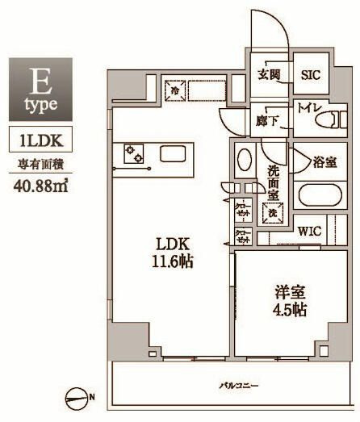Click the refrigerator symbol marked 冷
pos(175,90)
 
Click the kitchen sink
pos(174,153)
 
